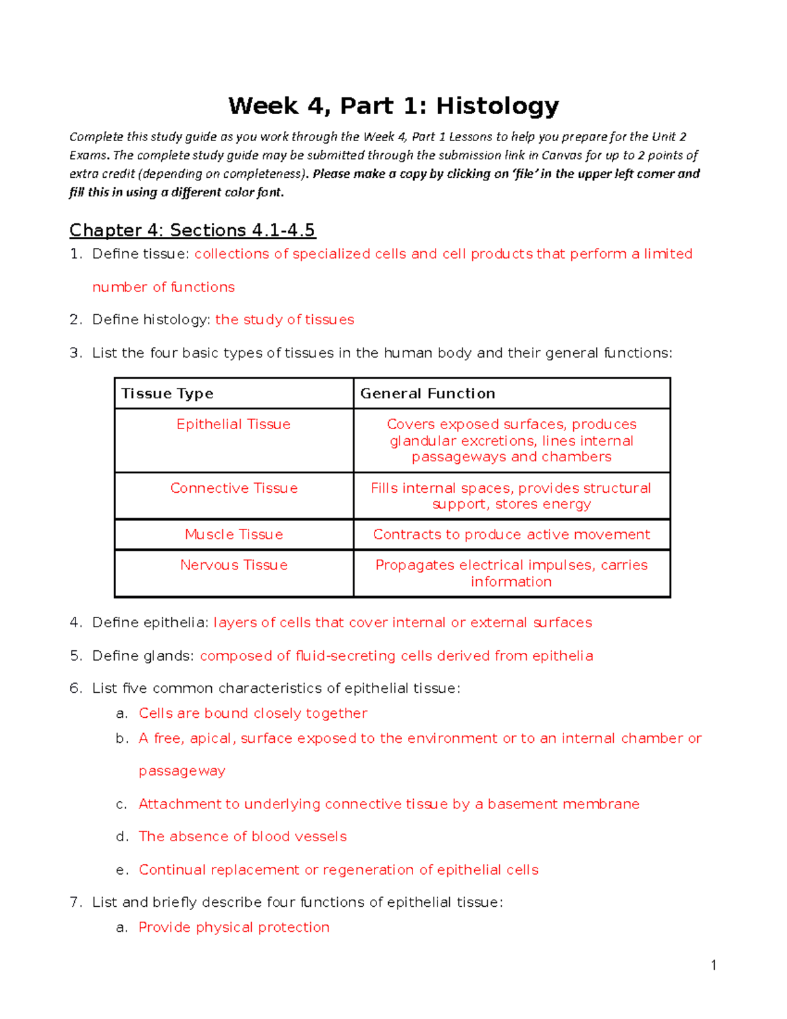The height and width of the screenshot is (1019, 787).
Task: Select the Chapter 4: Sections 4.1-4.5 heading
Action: click(192, 230)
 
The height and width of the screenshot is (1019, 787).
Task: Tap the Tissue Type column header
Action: click(167, 394)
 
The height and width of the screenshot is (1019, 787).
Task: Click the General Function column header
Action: click(428, 394)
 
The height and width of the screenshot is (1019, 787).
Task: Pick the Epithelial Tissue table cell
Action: click(233, 425)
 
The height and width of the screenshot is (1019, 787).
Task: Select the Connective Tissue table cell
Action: click(233, 488)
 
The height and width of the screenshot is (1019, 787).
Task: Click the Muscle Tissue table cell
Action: click(233, 535)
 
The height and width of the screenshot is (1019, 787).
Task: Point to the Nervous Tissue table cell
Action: click(233, 566)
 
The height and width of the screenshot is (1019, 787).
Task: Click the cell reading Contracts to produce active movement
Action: click(511, 535)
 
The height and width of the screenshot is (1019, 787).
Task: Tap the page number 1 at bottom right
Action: click(714, 965)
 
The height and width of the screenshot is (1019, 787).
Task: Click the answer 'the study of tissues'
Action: click(285, 320)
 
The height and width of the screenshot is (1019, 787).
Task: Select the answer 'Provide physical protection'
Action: click(234, 927)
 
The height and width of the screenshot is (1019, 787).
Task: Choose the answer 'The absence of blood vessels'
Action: click(243, 837)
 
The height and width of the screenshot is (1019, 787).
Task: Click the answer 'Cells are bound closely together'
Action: click(252, 713)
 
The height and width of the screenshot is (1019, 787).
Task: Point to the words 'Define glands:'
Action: click(143, 656)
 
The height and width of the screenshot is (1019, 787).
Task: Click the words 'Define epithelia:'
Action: click(150, 623)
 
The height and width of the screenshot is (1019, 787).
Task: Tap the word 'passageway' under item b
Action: click(182, 771)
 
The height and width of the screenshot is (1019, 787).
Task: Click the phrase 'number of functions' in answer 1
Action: click(163, 287)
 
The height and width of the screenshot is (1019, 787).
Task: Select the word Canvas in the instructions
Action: click(559, 156)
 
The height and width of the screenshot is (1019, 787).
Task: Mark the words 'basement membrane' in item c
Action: click(563, 804)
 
